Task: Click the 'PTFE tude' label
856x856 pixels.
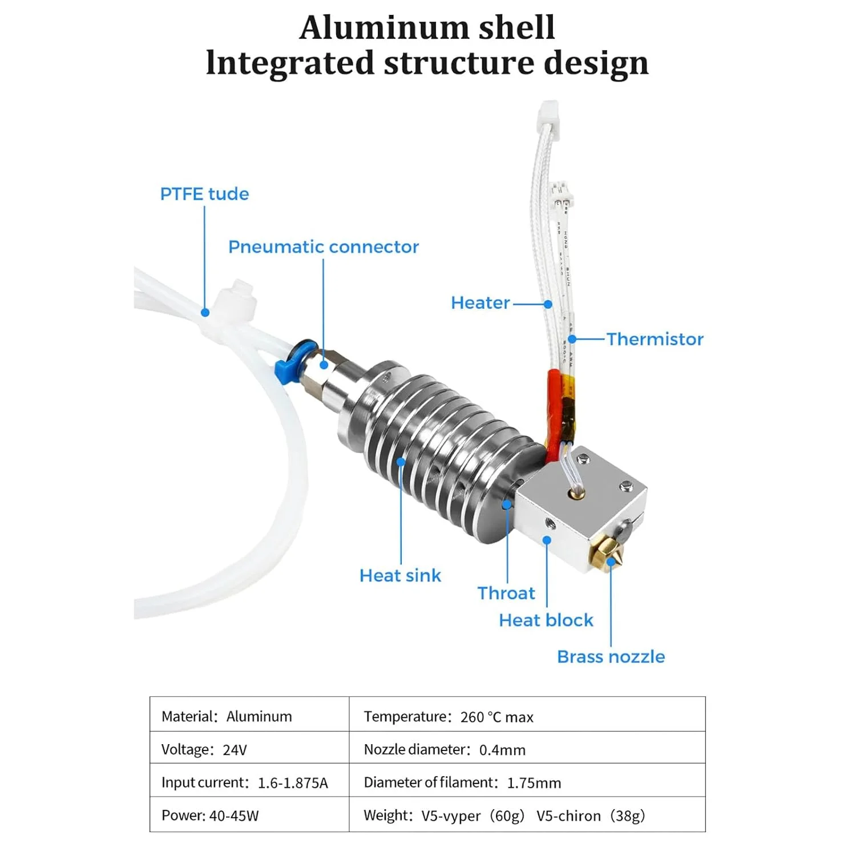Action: pyautogui.click(x=204, y=194)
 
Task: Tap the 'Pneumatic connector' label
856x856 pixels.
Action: pyautogui.click(x=324, y=247)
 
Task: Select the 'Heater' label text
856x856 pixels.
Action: pyautogui.click(x=481, y=302)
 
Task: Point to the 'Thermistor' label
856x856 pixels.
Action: pyautogui.click(x=655, y=339)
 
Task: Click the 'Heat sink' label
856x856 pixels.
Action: pyautogui.click(x=400, y=575)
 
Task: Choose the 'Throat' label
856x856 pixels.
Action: pyautogui.click(x=506, y=593)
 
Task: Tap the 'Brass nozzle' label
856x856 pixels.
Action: pyautogui.click(x=611, y=656)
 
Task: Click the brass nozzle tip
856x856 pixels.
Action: pyautogui.click(x=613, y=559)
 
